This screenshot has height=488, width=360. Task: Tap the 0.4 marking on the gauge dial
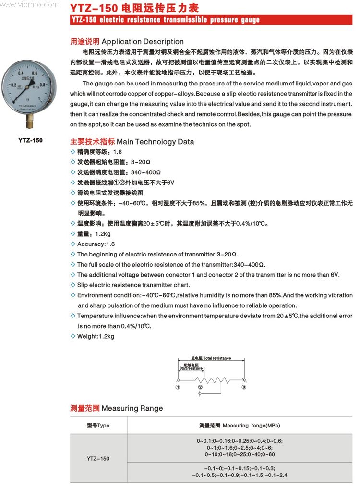(x=20, y=73)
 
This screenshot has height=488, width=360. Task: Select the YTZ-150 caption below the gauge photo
(x=30, y=140)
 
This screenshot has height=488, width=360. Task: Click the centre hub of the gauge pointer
(x=30, y=89)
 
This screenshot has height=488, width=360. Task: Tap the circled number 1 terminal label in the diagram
(x=178, y=387)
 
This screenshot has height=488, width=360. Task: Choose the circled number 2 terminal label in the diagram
(x=200, y=387)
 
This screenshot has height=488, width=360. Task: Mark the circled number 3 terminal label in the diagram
(x=244, y=387)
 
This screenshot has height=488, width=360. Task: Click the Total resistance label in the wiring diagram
(x=211, y=358)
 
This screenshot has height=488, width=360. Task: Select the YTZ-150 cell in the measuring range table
(x=98, y=458)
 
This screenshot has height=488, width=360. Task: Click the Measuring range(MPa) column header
(x=240, y=426)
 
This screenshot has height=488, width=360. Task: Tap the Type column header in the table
(x=98, y=426)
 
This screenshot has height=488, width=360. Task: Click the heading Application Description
(x=143, y=41)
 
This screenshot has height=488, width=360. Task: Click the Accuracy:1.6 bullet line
(x=96, y=244)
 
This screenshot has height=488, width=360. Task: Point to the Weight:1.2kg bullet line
(x=96, y=336)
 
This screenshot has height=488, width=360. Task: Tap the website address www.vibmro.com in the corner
(x=30, y=4)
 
